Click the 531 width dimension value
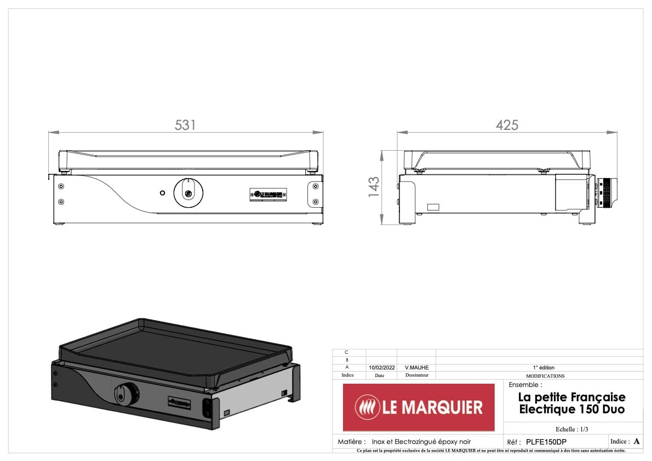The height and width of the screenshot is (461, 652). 185,125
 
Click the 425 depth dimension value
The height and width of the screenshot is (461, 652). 507,125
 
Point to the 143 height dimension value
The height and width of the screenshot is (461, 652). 374,187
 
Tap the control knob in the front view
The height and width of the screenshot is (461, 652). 188,192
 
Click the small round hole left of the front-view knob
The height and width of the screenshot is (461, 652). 162,193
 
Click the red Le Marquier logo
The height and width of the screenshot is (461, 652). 418,407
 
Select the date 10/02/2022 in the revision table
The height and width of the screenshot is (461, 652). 381,367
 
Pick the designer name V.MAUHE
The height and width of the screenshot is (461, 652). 416,367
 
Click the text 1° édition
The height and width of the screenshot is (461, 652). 544,367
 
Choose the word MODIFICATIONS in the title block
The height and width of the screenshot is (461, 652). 545,376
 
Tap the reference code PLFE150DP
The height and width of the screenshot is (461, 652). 546,442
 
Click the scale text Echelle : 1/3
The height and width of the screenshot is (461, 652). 571,429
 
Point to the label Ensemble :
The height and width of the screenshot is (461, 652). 525,385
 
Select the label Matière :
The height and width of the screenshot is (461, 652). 351,442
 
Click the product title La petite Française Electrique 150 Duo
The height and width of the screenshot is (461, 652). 571,403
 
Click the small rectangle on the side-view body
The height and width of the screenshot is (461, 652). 433,207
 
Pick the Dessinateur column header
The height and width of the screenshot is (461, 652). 416,375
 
